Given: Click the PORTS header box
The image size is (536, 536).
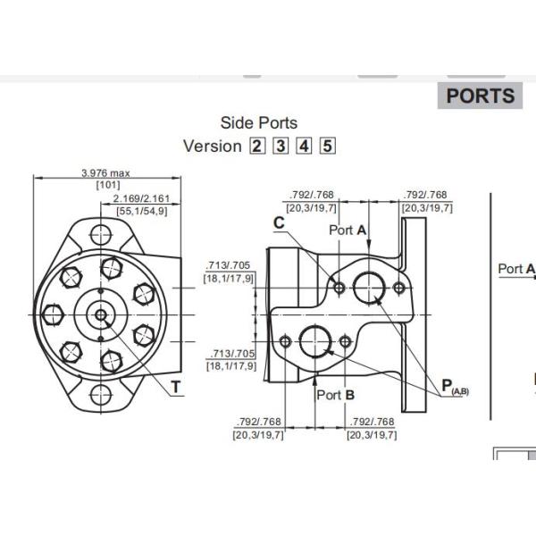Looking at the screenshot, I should pyautogui.click(x=481, y=96).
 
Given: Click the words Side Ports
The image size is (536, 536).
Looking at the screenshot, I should pyautogui.click(x=259, y=123).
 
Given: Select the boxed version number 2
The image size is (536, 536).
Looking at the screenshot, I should pyautogui.click(x=257, y=146).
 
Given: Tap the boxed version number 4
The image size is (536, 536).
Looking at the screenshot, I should pyautogui.click(x=304, y=146).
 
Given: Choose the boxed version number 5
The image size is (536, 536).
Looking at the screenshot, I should pyautogui.click(x=327, y=146).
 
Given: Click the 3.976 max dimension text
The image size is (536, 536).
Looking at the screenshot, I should pyautogui.click(x=106, y=172).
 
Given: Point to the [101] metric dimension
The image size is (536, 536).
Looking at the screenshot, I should pyautogui.click(x=108, y=185).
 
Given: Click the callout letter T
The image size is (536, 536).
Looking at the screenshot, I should pyautogui.click(x=176, y=386).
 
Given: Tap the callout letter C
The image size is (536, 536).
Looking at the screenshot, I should pyautogui.click(x=280, y=223).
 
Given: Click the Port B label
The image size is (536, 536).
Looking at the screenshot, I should pyautogui.click(x=338, y=394).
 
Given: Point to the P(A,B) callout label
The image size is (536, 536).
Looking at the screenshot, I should pyautogui.click(x=454, y=386).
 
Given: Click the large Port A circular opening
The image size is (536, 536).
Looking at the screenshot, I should pyautogui.click(x=368, y=287).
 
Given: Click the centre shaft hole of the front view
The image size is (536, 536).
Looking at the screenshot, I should pyautogui.click(x=101, y=314).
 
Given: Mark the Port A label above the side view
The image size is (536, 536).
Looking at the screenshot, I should pyautogui.click(x=348, y=230).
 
